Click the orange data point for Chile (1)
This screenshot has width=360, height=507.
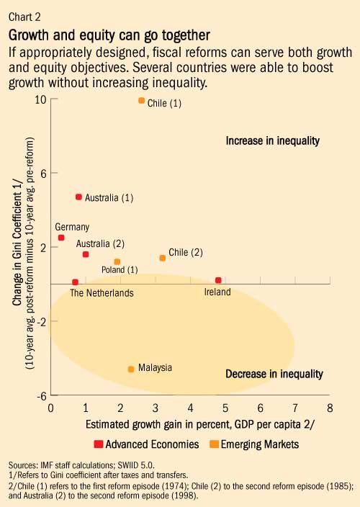click(x=141, y=101)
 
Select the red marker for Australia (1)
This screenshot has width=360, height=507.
click(x=78, y=197)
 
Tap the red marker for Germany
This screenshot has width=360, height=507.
click(x=61, y=238)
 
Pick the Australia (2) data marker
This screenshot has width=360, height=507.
click(x=86, y=254)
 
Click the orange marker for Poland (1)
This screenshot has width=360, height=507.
click(x=117, y=262)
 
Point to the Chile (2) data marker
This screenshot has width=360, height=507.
click(x=163, y=258)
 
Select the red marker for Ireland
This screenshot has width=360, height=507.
click(x=218, y=280)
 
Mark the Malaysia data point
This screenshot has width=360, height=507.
click(x=131, y=369)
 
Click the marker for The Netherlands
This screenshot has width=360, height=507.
click(x=75, y=282)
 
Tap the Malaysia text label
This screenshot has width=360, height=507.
click(x=155, y=367)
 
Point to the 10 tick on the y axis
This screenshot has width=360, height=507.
click(x=41, y=99)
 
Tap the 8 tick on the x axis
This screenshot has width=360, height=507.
click(x=329, y=408)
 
